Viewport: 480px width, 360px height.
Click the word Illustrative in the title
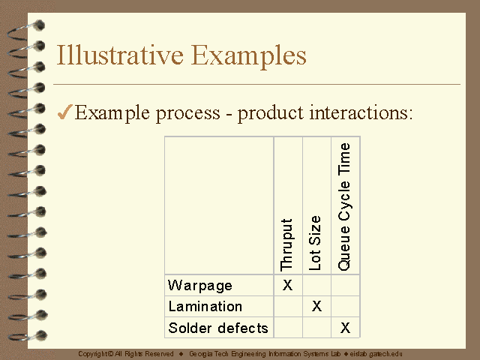click(120, 55)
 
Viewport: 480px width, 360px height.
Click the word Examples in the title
click(248, 56)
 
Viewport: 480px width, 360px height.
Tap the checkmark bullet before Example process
click(65, 112)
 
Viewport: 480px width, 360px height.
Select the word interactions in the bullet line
click(361, 112)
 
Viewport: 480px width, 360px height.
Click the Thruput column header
click(286, 245)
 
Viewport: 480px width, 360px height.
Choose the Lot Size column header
click(315, 243)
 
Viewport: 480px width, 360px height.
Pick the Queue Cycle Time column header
click(344, 207)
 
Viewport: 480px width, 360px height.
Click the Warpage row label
click(200, 286)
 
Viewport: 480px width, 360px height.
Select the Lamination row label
click(205, 307)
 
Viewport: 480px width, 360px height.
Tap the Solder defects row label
click(218, 328)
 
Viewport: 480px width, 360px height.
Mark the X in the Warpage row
click(287, 285)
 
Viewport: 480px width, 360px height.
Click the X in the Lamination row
click(316, 306)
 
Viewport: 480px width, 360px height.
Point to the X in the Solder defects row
click(345, 328)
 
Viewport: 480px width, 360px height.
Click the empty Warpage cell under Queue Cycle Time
click(345, 285)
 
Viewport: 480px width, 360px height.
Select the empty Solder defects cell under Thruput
click(288, 328)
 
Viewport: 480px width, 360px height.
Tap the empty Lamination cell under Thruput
click(288, 307)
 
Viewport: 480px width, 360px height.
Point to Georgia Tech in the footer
click(208, 354)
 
